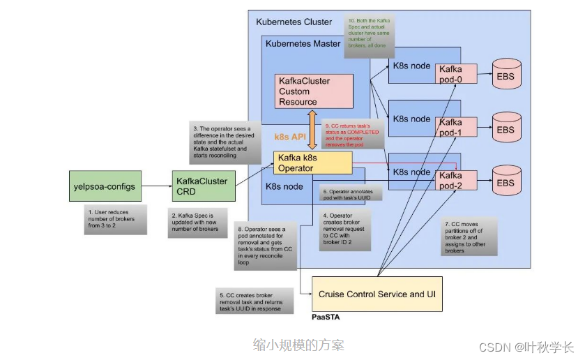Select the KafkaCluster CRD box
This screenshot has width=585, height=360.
coord(199,186)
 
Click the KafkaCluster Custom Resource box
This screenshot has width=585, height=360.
coord(314,91)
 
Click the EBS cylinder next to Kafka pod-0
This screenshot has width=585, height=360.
coord(506,73)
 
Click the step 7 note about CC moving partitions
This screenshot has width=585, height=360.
coord(469,237)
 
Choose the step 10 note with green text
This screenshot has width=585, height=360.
coord(370,33)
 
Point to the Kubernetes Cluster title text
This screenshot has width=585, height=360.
coord(294,22)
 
